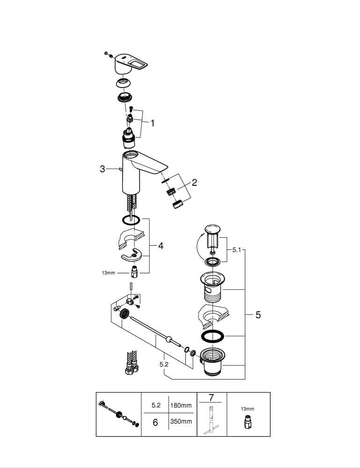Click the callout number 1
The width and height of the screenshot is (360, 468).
coord(153,123)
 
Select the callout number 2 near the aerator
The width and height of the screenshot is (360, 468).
coord(194,183)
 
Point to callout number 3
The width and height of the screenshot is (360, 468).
coord(103,169)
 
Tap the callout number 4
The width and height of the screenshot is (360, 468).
coord(161,246)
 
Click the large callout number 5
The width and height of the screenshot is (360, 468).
coord(258,314)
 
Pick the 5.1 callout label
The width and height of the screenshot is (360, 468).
coord(236,249)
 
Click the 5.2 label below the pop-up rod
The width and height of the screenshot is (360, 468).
coord(164,364)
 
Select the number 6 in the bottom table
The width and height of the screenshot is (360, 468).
coord(155,422)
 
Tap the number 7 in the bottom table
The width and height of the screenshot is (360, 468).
coord(211,397)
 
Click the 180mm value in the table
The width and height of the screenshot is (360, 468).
coord(181,405)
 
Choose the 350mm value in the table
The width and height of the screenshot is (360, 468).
coord(181,422)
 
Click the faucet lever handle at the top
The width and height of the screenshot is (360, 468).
coord(131,64)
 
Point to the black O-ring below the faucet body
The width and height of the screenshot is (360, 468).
coord(131,220)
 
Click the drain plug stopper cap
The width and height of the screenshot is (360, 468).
coord(212,229)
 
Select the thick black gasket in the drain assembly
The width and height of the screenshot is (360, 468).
coord(212,336)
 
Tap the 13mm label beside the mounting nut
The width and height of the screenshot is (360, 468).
coord(108,273)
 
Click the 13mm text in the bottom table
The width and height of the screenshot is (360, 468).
coord(248,409)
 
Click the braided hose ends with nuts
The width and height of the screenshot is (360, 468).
coord(132,363)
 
